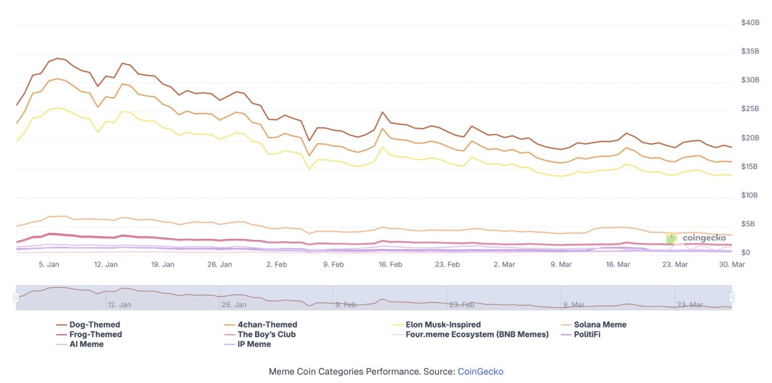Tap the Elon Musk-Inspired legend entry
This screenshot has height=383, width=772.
pos(443,325)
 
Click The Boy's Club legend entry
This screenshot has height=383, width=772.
pos(266,334)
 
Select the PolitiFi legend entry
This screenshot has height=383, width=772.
pos(587,334)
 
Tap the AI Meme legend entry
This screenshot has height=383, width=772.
pos(86,344)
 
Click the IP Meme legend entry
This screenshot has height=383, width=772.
pos(254,344)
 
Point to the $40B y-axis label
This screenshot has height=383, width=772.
pos(750,23)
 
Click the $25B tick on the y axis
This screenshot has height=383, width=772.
pos(750,109)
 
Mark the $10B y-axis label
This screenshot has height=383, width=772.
pos(750,195)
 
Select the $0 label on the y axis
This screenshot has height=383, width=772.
pos(746,253)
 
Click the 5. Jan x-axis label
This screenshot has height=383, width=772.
pos(49,264)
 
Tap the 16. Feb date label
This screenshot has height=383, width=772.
pos(390,264)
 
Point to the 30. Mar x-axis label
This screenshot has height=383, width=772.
pos(731,264)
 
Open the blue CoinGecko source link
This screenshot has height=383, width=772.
pos(480,372)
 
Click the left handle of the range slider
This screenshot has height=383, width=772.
pos(16,298)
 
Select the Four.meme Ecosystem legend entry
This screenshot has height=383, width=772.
pos(477,334)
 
